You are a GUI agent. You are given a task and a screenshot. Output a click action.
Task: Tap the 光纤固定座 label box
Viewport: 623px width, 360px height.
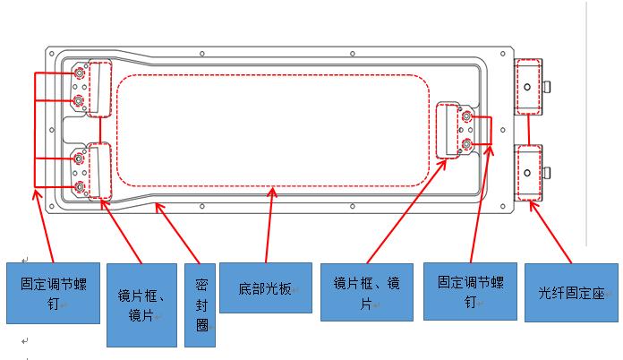click(570, 292)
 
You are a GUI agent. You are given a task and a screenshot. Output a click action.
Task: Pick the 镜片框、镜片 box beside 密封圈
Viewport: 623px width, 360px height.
click(141, 305)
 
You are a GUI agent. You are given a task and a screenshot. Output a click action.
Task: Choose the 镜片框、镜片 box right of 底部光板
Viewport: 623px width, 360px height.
click(368, 292)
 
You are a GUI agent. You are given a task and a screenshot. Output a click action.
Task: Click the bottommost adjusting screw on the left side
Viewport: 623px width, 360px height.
click(80, 186)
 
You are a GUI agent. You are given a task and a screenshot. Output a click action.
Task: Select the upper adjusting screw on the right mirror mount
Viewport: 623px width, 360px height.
click(465, 117)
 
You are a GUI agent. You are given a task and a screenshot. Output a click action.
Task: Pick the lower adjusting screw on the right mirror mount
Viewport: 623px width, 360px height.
click(465, 143)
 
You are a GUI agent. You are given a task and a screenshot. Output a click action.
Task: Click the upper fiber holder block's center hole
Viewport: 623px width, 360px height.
click(528, 87)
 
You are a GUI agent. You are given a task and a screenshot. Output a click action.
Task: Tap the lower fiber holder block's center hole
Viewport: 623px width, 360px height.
click(528, 173)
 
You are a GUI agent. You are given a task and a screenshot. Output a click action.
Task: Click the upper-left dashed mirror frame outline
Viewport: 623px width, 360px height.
click(98, 89)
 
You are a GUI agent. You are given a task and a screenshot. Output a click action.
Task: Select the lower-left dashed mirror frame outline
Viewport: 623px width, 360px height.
click(98, 170)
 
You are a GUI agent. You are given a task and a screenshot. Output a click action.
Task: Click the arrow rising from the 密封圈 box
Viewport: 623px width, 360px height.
click(179, 233)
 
